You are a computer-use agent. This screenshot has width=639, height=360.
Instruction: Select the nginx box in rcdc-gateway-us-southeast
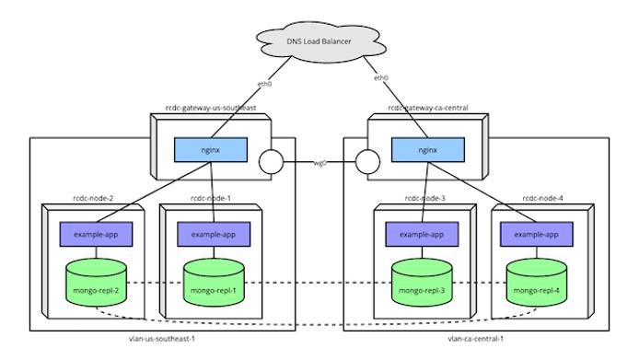pyautogui.click(x=210, y=147)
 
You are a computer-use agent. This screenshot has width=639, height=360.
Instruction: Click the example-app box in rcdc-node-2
pyautogui.click(x=97, y=234)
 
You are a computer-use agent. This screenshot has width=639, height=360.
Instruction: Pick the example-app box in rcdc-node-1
pyautogui.click(x=214, y=234)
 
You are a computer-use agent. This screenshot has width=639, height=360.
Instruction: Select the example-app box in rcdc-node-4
pyautogui.click(x=537, y=234)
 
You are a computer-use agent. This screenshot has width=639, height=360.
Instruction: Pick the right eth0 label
pyautogui.click(x=380, y=78)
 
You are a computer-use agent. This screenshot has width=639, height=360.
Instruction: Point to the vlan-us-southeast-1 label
pyautogui.click(x=168, y=340)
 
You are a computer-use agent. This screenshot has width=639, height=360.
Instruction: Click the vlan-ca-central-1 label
pyautogui.click(x=479, y=340)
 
